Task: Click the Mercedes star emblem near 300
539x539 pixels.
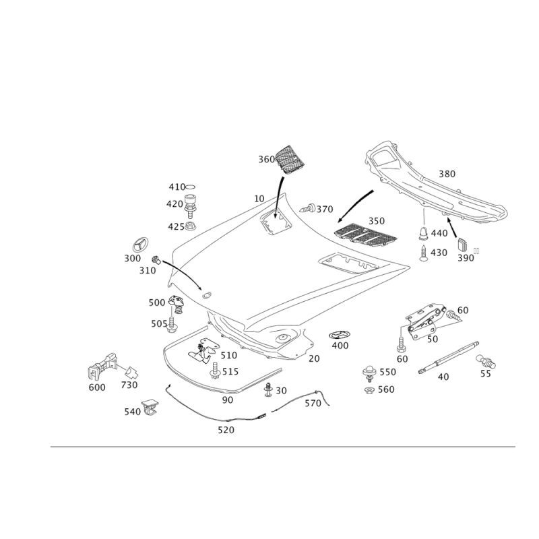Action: click(141, 245)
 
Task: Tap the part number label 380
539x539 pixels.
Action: click(447, 174)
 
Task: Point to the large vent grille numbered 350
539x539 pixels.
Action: click(366, 234)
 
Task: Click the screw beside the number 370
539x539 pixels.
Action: click(309, 208)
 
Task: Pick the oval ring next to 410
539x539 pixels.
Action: click(191, 187)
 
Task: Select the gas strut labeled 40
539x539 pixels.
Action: click(448, 358)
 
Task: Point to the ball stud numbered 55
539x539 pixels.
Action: click(486, 361)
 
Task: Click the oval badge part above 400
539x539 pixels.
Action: click(340, 335)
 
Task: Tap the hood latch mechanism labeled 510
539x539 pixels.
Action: click(203, 350)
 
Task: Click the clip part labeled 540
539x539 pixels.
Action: click(150, 408)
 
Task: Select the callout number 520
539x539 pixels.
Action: click(226, 430)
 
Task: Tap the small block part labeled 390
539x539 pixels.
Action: click(463, 245)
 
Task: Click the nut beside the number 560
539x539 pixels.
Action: click(369, 390)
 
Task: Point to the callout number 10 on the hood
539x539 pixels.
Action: click(259, 199)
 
